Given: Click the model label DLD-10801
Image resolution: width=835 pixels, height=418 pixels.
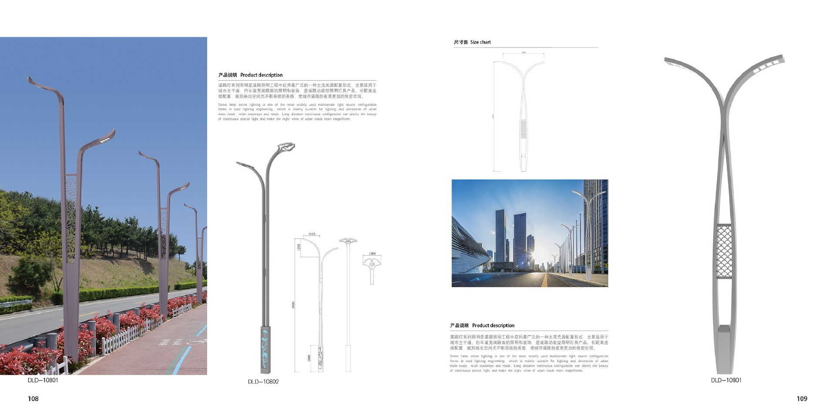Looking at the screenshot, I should pos(43,380).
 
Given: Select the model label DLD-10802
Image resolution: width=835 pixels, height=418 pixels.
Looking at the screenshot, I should pos(263,382).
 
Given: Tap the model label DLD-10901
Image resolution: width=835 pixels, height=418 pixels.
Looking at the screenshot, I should pos(726,380).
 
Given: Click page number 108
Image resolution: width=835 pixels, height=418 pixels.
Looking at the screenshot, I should pos(33,399).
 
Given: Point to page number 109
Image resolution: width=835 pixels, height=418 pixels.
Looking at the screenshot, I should pos(801,399).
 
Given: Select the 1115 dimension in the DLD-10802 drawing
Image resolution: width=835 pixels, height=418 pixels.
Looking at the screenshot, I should pos(312,234).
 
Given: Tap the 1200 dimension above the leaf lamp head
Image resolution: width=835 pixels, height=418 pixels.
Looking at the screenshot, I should pos(372,253).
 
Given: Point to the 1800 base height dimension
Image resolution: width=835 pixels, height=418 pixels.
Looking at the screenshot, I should pos(309,358).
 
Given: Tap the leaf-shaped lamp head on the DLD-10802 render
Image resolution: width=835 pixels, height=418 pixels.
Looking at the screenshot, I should pos(286,147).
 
